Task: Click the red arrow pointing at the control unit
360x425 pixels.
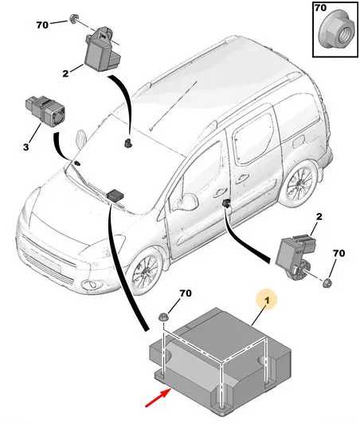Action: pyautogui.click(x=158, y=397)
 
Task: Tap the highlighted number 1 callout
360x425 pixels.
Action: pyautogui.click(x=267, y=301)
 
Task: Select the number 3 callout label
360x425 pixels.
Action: pyautogui.click(x=25, y=148)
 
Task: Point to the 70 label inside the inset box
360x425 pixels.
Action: pyautogui.click(x=320, y=8)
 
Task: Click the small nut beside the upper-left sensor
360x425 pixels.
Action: pyautogui.click(x=73, y=19)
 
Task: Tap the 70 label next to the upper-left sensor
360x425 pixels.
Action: pyautogui.click(x=42, y=25)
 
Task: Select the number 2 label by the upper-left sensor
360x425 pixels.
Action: pyautogui.click(x=65, y=73)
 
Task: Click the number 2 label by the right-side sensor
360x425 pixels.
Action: pyautogui.click(x=319, y=217)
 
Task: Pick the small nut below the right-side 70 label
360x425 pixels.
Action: pyautogui.click(x=328, y=283)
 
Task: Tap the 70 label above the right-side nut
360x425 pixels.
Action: pyautogui.click(x=338, y=253)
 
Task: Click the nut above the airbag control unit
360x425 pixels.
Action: pyautogui.click(x=163, y=317)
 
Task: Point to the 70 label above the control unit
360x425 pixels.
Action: pyautogui.click(x=186, y=293)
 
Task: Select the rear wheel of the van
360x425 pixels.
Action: pyautogui.click(x=299, y=183)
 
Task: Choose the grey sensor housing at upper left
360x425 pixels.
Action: pyautogui.click(x=102, y=49)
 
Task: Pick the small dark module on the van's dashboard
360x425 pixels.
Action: pyautogui.click(x=115, y=195)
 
